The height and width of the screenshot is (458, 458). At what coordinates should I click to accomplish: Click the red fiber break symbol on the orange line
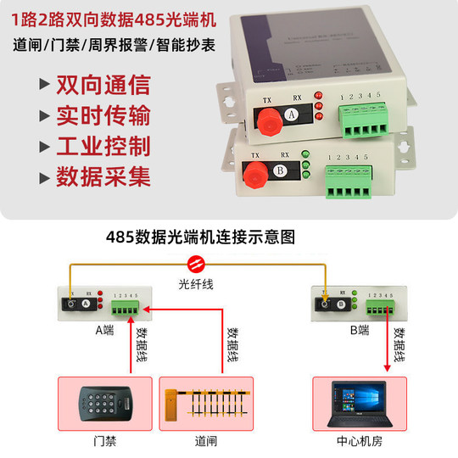tap(197, 262)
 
